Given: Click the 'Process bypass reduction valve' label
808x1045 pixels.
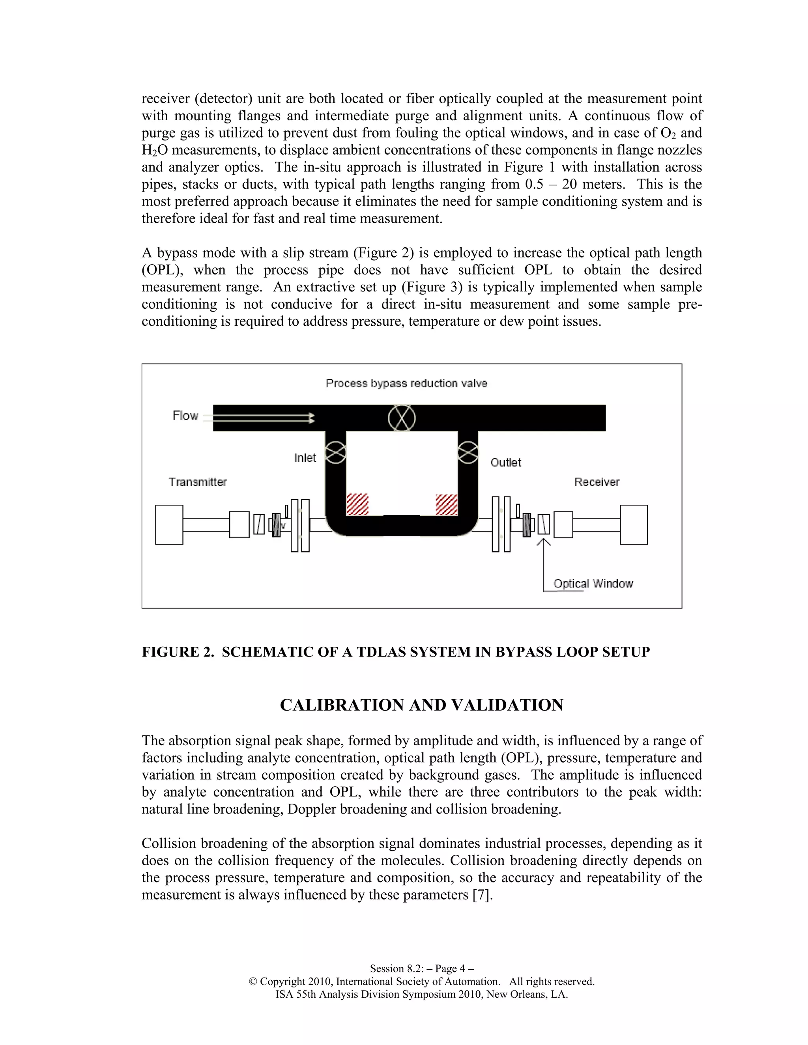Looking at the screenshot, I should point(406,383).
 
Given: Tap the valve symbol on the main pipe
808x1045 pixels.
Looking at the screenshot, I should point(402,418).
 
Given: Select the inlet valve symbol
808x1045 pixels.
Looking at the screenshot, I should point(336,452).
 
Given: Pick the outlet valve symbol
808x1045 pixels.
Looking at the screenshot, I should point(468,452).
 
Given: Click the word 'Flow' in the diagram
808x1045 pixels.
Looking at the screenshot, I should point(185,416).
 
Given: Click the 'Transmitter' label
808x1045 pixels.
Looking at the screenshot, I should point(198,482).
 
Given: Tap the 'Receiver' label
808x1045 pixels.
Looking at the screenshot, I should point(597,482).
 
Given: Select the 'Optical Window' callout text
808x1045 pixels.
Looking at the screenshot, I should point(593,583).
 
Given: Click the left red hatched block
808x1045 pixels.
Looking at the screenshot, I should point(357,504).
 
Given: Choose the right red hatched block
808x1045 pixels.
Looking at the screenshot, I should point(446,504).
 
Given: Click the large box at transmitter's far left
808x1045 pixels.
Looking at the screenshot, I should point(169,524).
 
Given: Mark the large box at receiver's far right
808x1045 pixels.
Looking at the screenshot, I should point(633,524).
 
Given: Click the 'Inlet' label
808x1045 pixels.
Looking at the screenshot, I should point(305,458).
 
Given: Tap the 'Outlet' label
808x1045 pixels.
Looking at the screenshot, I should point(505,463).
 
